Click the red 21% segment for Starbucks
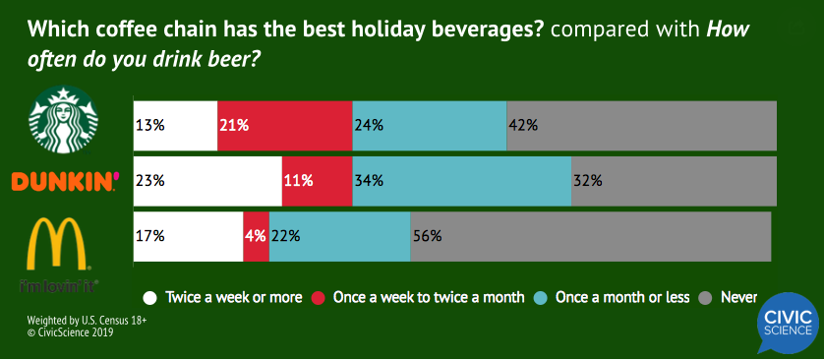pyautogui.click(x=284, y=125)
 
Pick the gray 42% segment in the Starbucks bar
pyautogui.click(x=641, y=125)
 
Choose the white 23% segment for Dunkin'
pyautogui.click(x=206, y=181)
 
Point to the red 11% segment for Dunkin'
pyautogui.click(x=317, y=181)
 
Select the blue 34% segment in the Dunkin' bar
pyautogui.click(x=461, y=181)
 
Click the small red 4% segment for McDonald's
pyautogui.click(x=256, y=237)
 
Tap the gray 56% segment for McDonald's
pyautogui.click(x=590, y=237)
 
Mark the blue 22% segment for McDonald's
pyautogui.click(x=339, y=237)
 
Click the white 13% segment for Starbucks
pyautogui.click(x=175, y=125)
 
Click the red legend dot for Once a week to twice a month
pyautogui.click(x=319, y=297)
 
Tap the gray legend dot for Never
pyautogui.click(x=703, y=297)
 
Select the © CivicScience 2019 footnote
pyautogui.click(x=70, y=332)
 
